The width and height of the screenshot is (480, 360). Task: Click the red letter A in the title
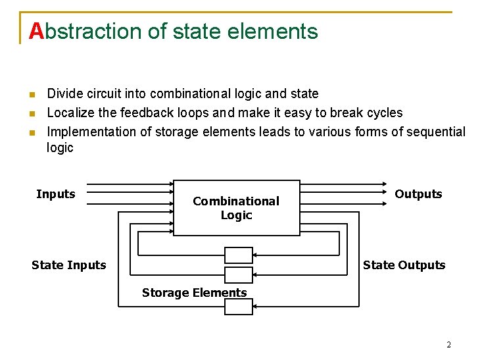37,31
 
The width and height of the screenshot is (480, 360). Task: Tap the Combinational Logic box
236,207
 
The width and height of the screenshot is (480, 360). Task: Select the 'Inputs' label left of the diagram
56,194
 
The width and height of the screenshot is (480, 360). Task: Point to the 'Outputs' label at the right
418,194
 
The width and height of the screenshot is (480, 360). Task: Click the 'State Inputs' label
68,265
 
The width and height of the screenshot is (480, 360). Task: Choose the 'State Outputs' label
404,265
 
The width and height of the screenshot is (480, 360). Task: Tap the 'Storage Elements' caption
194,293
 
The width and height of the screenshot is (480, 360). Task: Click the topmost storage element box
239,255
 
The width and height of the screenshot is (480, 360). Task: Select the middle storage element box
239,274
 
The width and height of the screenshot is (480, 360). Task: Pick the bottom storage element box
239,307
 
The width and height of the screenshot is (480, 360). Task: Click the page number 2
448,345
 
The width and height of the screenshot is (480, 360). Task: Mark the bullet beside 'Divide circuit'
30,95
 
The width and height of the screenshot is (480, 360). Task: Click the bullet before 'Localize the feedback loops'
30,113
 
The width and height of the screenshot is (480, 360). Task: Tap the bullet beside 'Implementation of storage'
30,132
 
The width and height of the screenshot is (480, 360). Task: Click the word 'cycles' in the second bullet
382,113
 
